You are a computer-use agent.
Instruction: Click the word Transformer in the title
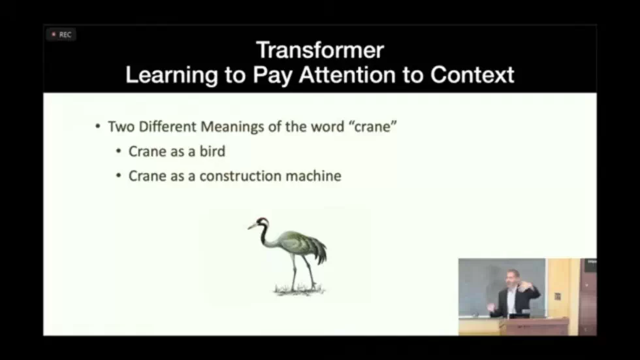pos(319,50)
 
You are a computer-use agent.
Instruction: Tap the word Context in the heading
pos(472,74)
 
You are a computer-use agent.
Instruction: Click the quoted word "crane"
pos(372,126)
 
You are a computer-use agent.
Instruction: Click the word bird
pos(212,152)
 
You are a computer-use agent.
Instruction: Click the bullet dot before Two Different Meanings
pos(97,127)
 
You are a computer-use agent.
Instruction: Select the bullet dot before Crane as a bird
pos(118,152)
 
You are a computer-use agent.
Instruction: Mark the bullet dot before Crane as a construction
pos(118,176)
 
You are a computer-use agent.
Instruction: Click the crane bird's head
pos(262,221)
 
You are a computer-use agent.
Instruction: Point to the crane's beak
pos(252,227)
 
